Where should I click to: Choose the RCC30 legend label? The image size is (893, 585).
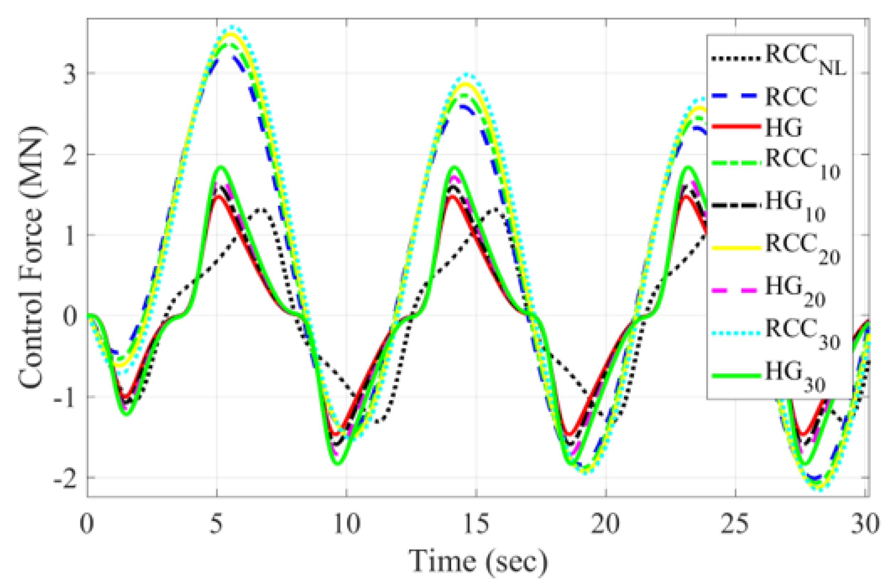[x=802, y=333]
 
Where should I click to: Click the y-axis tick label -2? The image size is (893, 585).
[x=64, y=478]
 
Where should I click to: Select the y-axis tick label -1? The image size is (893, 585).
[x=64, y=397]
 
